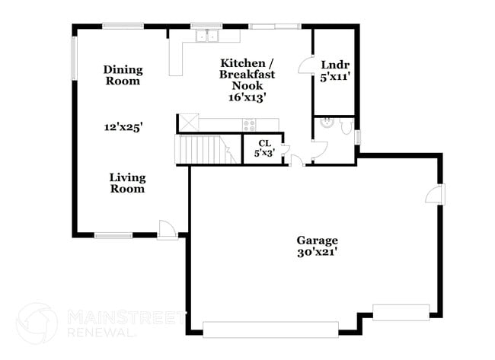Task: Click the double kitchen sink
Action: pos(206,35)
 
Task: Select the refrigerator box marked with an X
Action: pos(188,123)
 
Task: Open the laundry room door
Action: pos(306,67)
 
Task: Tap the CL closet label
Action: pos(264,142)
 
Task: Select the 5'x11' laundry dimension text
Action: pos(334,77)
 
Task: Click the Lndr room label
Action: pos(334,65)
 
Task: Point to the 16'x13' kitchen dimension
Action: pos(247,97)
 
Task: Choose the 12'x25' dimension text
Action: pos(123,127)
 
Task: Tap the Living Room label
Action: pos(126,183)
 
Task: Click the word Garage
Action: pos(317,241)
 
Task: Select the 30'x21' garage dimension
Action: pos(317,253)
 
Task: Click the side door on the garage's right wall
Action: pos(435,194)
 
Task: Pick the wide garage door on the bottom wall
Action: pos(270,329)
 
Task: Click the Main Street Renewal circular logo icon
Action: pos(36,323)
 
